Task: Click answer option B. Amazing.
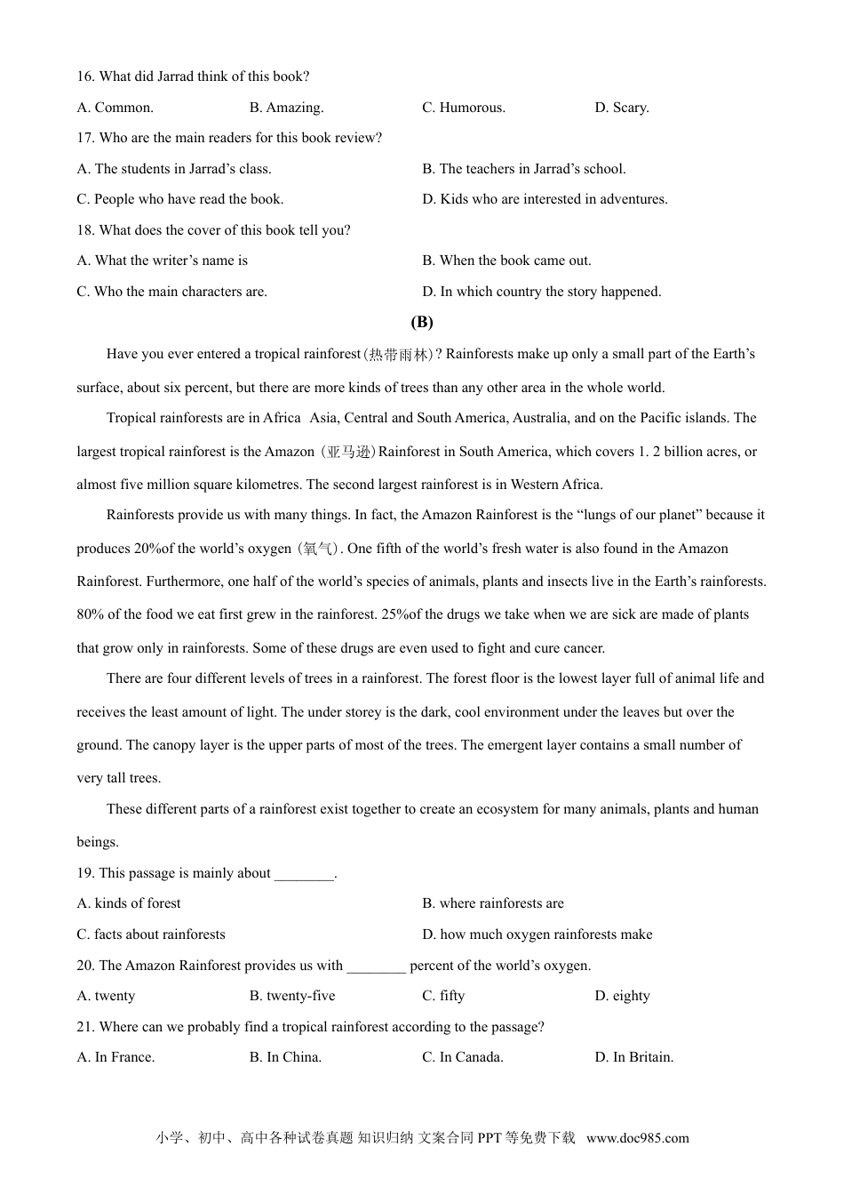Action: [x=286, y=108]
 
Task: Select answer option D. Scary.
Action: [x=622, y=108]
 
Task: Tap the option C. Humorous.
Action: [x=464, y=108]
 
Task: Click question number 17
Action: [x=85, y=138]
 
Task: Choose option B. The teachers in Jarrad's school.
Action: [x=523, y=169]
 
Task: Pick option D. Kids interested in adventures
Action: [x=545, y=199]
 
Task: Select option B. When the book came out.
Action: [x=506, y=261]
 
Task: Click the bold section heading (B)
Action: [x=422, y=322]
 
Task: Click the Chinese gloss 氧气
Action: [x=317, y=549]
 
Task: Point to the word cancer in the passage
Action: [x=583, y=648]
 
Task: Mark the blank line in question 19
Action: [x=304, y=873]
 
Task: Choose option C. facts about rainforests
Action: [x=151, y=934]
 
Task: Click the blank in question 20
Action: [x=376, y=966]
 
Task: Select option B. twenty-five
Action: [x=292, y=996]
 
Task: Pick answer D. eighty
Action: [x=622, y=996]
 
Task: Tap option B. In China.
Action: [x=285, y=1057]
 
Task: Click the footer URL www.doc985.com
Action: [x=637, y=1138]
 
